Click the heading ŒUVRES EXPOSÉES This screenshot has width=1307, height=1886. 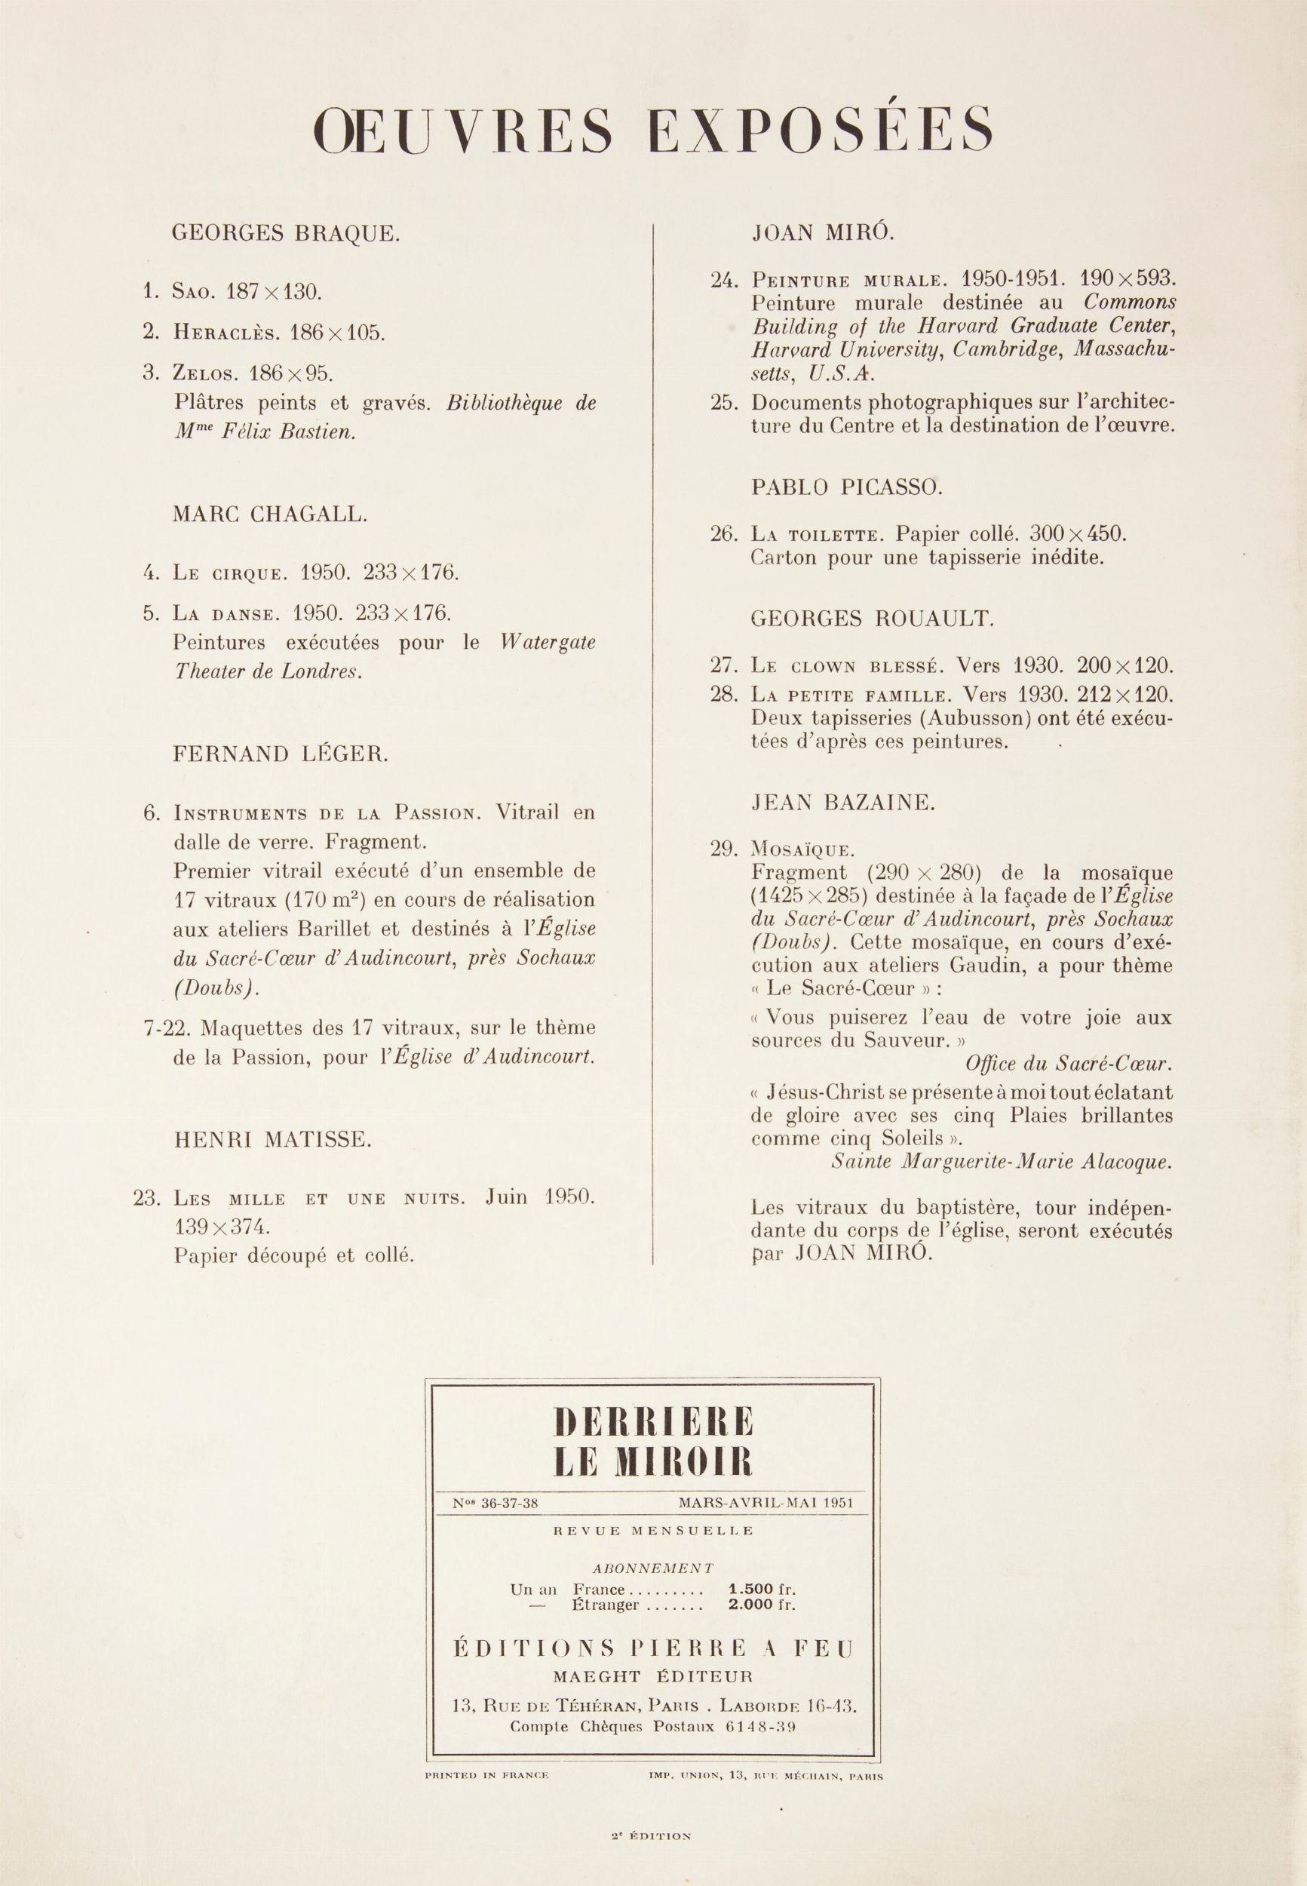tap(653, 131)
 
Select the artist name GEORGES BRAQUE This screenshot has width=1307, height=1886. tap(286, 234)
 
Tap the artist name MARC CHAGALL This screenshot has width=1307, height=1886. tap(270, 515)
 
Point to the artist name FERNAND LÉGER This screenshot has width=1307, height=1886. tap(281, 754)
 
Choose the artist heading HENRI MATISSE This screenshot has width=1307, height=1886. tap(272, 1139)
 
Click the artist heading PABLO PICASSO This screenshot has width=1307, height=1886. tap(847, 488)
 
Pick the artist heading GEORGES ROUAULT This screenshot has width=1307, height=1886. tap(872, 619)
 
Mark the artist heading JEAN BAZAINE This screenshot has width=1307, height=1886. tap(842, 803)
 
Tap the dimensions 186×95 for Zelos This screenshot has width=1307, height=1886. tap(292, 373)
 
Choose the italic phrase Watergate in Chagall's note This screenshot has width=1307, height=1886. tap(547, 643)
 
